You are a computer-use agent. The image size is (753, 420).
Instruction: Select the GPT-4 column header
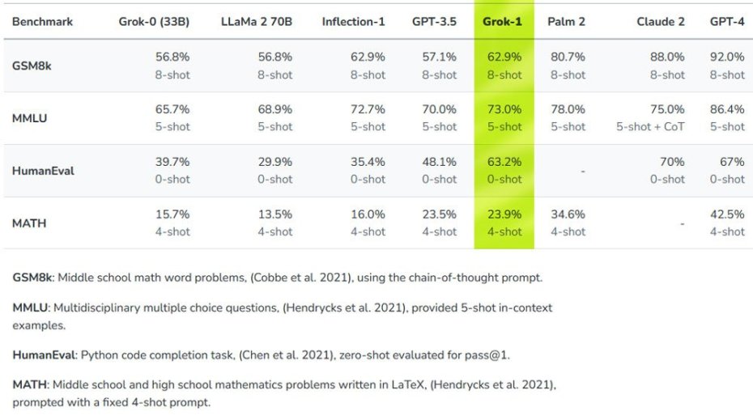pyautogui.click(x=726, y=21)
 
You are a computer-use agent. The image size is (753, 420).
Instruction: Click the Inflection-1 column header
pyautogui.click(x=353, y=21)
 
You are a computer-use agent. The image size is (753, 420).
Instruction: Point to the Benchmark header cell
pyautogui.click(x=43, y=21)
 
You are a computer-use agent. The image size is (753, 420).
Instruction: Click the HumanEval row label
pyautogui.click(x=43, y=171)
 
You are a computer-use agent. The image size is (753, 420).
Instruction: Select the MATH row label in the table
pyautogui.click(x=28, y=223)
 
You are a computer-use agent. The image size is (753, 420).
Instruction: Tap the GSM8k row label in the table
pyautogui.click(x=32, y=66)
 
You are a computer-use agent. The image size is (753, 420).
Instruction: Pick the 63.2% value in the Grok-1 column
pyautogui.click(x=504, y=162)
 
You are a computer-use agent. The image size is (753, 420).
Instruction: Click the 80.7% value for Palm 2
pyautogui.click(x=568, y=57)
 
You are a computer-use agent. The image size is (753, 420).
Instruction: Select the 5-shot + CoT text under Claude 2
pyautogui.click(x=650, y=126)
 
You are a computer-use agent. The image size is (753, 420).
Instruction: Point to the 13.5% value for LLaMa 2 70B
pyautogui.click(x=275, y=214)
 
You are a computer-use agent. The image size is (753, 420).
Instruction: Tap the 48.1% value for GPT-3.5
pyautogui.click(x=440, y=162)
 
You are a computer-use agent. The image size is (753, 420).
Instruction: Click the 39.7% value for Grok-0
pyautogui.click(x=172, y=162)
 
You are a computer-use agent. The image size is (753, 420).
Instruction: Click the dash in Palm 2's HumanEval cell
pyautogui.click(x=583, y=171)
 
